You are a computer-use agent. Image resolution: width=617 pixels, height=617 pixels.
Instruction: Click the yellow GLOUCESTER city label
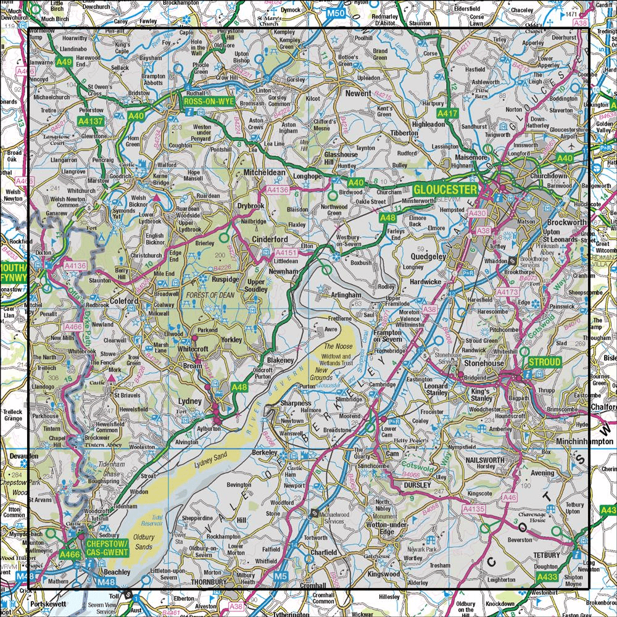[445, 189]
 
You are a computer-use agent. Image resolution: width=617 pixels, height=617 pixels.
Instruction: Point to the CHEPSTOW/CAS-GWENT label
[107, 547]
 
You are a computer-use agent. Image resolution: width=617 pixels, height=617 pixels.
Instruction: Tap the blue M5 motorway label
[281, 576]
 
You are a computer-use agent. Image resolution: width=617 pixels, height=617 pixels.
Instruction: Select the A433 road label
[547, 577]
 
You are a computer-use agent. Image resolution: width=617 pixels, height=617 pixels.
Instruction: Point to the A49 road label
[64, 62]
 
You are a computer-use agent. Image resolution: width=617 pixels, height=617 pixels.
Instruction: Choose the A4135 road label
[474, 509]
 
